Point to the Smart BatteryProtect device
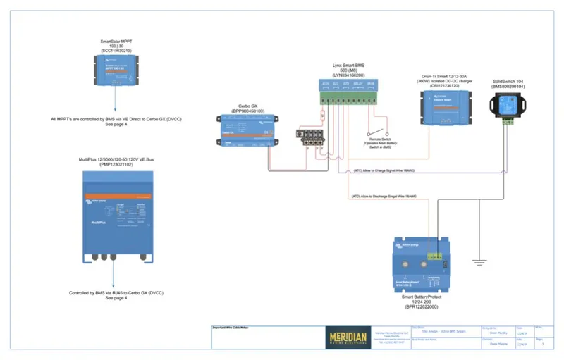coord(421,267)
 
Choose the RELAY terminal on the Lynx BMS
coord(358,85)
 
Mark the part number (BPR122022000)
coord(421,307)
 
